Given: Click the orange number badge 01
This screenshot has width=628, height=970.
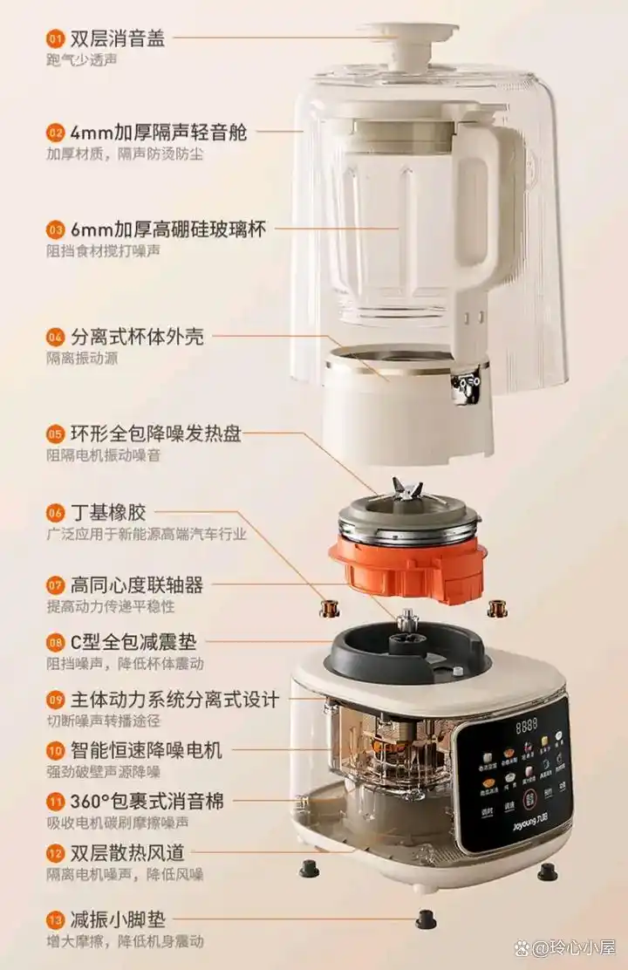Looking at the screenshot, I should [x=56, y=38].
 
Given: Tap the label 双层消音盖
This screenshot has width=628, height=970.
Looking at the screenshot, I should [x=118, y=38].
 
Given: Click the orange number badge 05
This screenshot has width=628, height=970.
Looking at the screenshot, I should [x=56, y=434].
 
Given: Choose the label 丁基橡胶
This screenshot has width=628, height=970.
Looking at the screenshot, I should [x=109, y=512].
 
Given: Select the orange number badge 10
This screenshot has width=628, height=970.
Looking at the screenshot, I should [x=56, y=749].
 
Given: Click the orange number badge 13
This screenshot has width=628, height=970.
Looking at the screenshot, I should [x=56, y=919].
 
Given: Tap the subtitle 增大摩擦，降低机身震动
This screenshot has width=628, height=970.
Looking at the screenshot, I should [x=125, y=941].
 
